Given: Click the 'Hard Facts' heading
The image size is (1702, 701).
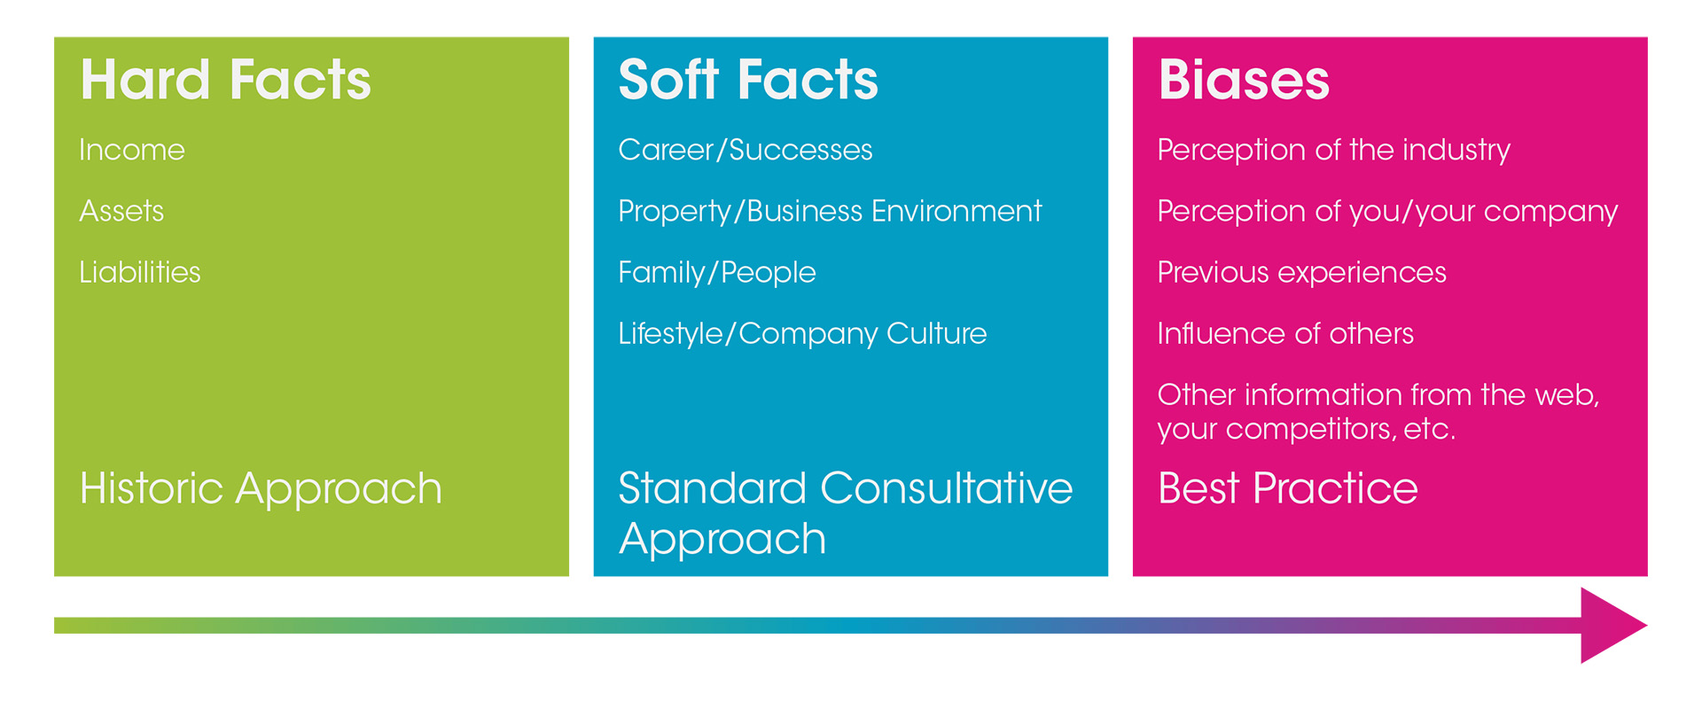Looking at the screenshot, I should tap(225, 80).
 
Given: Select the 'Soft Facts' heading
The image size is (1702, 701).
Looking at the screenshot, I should tap(747, 80).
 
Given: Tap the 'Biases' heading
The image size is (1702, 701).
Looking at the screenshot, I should tap(1243, 80).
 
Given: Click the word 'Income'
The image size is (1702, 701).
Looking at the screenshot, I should tap(132, 150).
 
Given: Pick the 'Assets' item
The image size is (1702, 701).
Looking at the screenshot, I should tap(121, 211).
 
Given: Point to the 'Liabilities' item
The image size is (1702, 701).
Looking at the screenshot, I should tap(140, 272).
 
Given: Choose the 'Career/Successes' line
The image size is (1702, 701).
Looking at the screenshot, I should tap(745, 150).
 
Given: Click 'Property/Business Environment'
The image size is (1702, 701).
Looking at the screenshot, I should tap(829, 211).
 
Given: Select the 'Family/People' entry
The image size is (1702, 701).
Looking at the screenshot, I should tap(716, 272).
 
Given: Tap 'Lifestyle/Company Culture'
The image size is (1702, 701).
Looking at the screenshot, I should tap(801, 334).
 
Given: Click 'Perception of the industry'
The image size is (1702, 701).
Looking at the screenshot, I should tap(1333, 150).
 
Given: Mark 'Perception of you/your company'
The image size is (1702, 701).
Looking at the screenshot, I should tap(1387, 211).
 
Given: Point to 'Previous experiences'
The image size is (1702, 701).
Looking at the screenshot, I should tap(1301, 272).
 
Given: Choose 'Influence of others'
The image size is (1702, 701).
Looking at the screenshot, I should tap(1285, 334).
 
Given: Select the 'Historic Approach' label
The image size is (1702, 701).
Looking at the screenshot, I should tap(261, 488).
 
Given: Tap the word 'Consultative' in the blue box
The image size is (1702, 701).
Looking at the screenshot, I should tap(946, 488).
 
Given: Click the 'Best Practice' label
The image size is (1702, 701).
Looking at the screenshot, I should tap(1287, 488).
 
